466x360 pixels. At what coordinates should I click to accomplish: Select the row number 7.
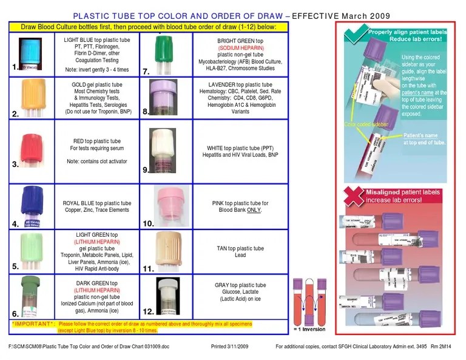[146, 72]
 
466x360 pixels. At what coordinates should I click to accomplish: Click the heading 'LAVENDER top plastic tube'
[240, 85]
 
